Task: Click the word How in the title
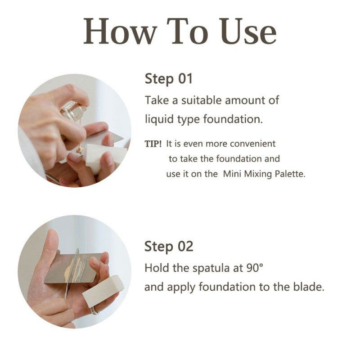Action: (x=120, y=31)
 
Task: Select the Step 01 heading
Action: (x=168, y=79)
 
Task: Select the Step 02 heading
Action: (x=169, y=247)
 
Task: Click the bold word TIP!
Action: (x=153, y=144)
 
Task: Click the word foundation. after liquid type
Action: (x=233, y=119)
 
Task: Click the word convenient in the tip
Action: (x=252, y=144)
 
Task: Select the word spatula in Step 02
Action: (x=211, y=269)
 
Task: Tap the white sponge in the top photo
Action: (x=103, y=156)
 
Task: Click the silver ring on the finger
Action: (x=94, y=310)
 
